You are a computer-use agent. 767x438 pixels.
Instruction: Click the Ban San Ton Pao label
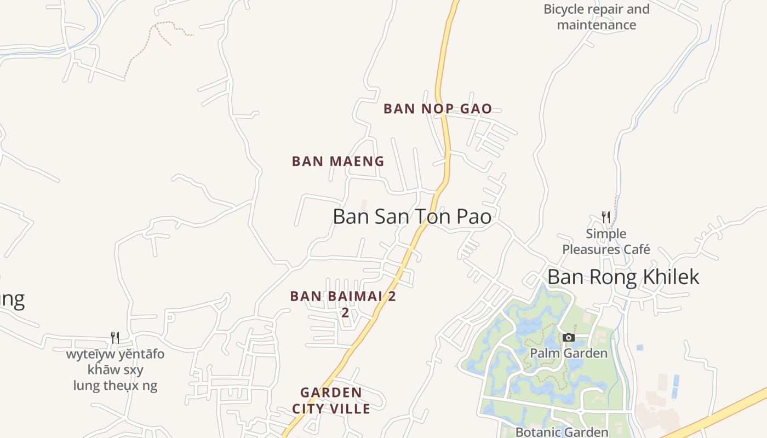tap(412, 216)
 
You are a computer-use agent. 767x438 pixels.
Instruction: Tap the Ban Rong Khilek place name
tap(623, 276)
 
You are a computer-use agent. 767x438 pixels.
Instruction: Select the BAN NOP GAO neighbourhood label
tap(438, 108)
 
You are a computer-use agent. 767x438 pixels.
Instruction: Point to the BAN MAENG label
tap(338, 162)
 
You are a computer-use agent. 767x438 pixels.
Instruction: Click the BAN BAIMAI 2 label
tap(343, 296)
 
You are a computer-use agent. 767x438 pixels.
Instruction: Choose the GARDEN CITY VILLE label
tap(331, 400)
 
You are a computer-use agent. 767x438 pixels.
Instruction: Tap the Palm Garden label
tap(569, 353)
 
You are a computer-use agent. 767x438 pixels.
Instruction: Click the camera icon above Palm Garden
tap(569, 337)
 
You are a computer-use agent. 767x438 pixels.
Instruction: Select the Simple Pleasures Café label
tap(606, 241)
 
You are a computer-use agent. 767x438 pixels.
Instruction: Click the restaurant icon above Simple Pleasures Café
tap(605, 217)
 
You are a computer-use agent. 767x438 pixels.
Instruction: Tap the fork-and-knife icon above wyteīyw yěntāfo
tap(115, 337)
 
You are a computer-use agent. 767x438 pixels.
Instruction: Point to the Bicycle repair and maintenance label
tap(596, 17)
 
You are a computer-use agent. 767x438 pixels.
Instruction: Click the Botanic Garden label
tap(562, 431)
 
